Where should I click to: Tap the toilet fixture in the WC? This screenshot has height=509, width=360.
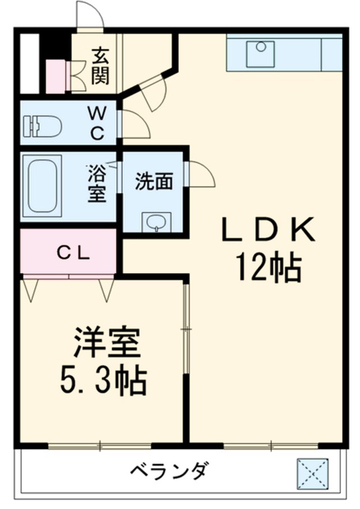(x=42, y=126)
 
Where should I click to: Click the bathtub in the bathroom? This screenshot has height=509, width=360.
(x=43, y=186)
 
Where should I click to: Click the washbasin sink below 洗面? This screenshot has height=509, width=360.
(x=154, y=222)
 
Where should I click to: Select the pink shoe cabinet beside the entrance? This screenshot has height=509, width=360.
(x=56, y=76)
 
